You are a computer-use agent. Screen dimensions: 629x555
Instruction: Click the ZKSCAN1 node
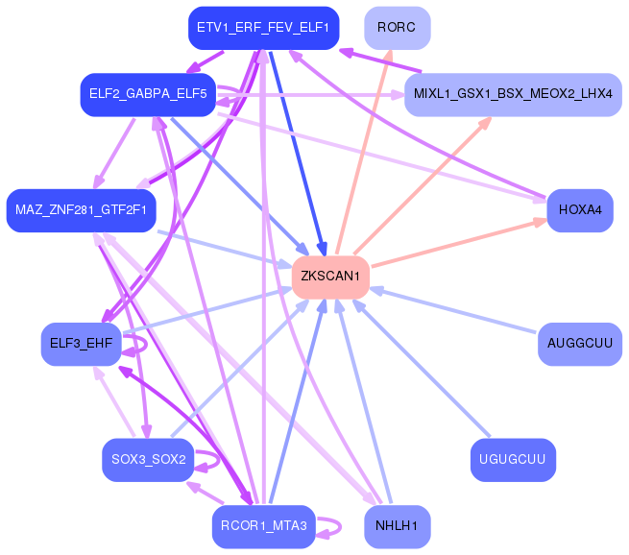point(330,277)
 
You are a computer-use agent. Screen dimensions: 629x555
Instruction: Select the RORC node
point(398,28)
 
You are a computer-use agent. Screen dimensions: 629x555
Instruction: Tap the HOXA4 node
point(580,210)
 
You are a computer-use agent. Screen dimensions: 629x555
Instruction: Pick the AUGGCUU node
point(580,344)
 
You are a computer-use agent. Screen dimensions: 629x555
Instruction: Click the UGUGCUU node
point(513,460)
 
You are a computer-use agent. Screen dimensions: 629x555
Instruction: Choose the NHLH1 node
point(398,526)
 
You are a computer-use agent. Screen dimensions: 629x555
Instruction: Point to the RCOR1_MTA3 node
point(263,526)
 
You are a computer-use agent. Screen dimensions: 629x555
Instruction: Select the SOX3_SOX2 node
point(148,460)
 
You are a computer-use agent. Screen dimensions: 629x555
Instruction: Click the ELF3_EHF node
point(81,344)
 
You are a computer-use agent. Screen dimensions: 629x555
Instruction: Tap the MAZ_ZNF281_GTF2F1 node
point(81,210)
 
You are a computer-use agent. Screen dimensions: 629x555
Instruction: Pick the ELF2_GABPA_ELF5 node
point(148,95)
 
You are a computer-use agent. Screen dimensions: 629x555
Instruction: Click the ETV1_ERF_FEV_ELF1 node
point(263,28)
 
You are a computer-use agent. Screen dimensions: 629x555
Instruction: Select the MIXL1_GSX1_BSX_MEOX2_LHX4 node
point(513,95)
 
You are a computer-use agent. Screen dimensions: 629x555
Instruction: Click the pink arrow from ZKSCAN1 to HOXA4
point(459,243)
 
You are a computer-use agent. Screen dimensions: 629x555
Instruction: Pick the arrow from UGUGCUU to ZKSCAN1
point(421,368)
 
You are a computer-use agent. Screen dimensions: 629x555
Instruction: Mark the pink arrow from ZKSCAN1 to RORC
point(363,152)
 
